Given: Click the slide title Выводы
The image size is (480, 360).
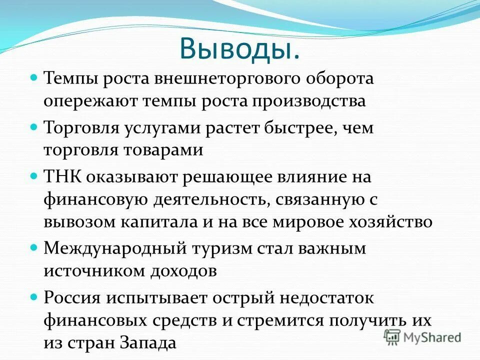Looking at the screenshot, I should (x=239, y=49).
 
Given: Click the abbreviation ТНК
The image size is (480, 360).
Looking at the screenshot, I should (x=60, y=177).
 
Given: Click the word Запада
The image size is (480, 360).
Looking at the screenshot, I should (x=148, y=342).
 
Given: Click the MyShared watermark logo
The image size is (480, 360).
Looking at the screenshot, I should (x=422, y=336).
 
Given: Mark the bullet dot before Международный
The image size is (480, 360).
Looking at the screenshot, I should (x=34, y=247).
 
